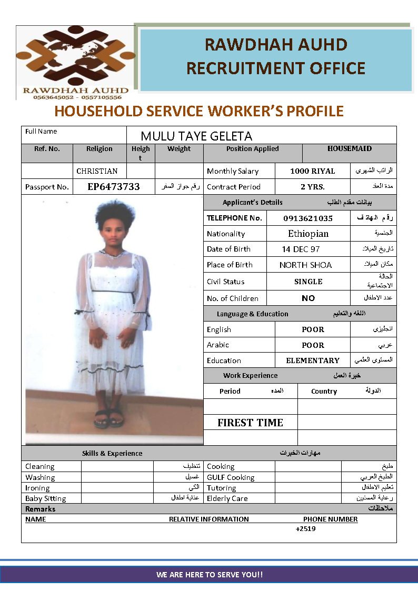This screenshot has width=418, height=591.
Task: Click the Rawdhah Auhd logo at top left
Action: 75,62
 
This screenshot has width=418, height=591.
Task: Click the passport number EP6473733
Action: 114,187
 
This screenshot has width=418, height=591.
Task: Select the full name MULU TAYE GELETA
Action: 196,136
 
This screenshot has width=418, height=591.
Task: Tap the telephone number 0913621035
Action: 308,218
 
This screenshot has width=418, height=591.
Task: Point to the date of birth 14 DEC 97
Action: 301,249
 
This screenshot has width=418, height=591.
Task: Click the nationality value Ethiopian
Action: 308,234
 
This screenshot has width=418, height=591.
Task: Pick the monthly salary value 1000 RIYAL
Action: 312,171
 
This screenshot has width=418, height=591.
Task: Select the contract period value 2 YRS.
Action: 312,187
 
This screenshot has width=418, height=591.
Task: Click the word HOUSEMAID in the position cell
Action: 349,149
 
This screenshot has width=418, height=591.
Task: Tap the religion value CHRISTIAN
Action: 97,171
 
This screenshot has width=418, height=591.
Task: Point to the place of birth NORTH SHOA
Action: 305,265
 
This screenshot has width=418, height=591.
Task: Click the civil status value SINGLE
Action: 308,282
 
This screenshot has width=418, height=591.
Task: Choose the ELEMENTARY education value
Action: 312,360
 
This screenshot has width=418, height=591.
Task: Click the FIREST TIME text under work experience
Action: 250,423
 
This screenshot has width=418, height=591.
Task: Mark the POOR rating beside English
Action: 313,329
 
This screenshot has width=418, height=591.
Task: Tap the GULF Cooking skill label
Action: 231,477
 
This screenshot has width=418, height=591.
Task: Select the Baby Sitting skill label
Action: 46,498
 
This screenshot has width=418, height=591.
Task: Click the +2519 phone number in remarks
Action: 305,529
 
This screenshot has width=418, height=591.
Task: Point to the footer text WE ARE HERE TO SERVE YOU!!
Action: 209,575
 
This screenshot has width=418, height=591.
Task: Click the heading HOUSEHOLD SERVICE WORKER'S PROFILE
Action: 198,112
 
